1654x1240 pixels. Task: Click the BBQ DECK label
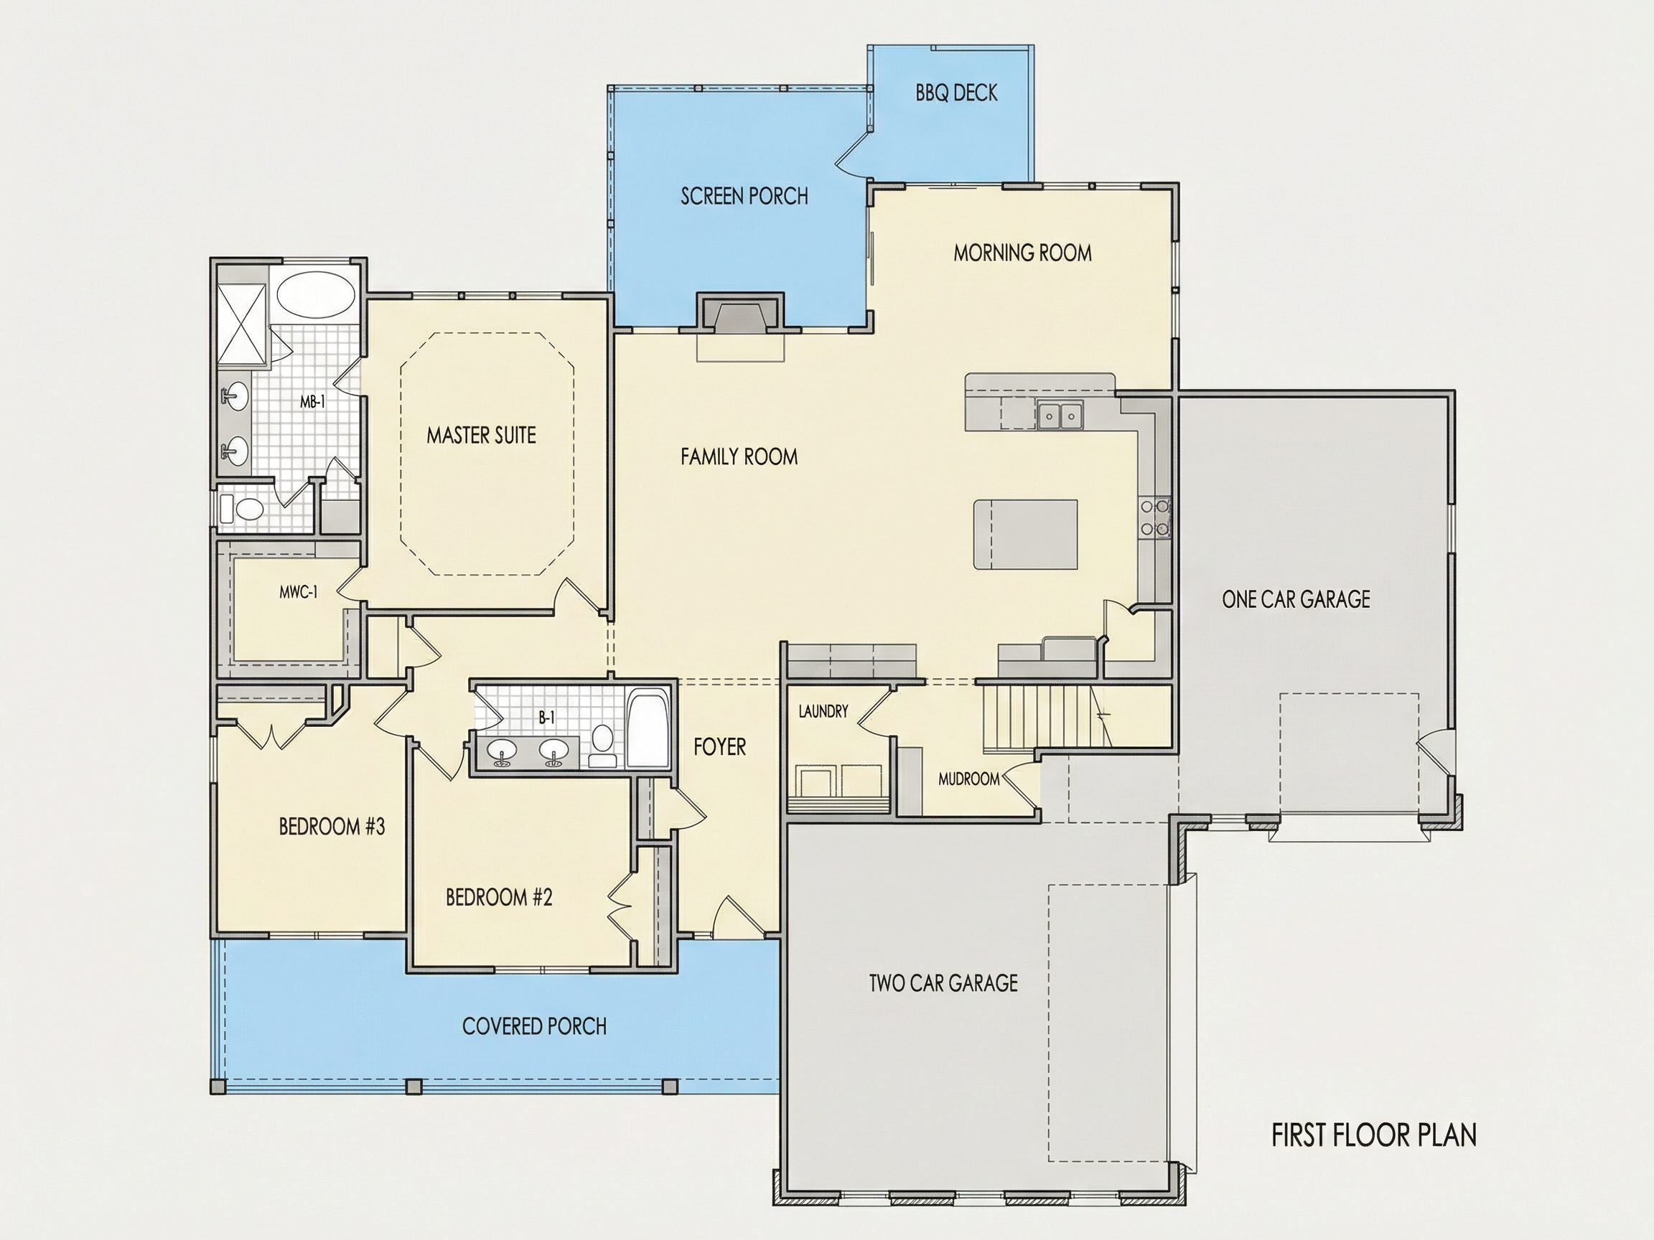click(956, 93)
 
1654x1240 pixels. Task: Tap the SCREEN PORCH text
click(744, 196)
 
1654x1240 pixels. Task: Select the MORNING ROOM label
click(1022, 253)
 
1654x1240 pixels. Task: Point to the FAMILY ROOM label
click(739, 456)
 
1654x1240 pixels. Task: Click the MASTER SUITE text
click(481, 435)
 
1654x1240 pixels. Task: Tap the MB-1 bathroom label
click(312, 401)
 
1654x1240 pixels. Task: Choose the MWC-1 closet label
click(299, 592)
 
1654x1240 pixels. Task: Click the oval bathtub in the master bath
click(316, 296)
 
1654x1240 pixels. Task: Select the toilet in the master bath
click(242, 509)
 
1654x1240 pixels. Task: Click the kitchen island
click(1025, 535)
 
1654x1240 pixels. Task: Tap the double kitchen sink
click(1060, 415)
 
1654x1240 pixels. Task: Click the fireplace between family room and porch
click(741, 313)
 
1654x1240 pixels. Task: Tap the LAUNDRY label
click(823, 711)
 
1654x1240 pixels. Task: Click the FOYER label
click(719, 746)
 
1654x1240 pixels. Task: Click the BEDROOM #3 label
click(332, 826)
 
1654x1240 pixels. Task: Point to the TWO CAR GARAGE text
click(943, 982)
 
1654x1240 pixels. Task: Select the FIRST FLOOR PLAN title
click(1373, 1135)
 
